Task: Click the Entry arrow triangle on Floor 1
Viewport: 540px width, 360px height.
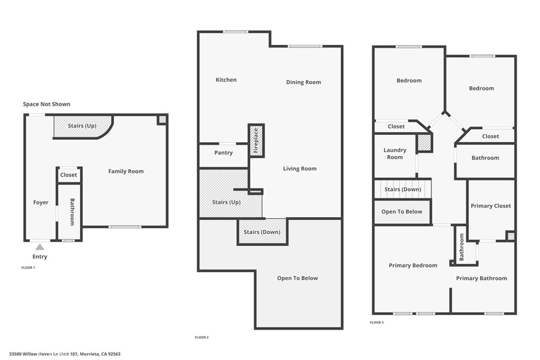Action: [40, 246]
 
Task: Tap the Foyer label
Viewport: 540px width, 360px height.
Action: [41, 202]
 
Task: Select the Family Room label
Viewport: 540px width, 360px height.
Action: [126, 171]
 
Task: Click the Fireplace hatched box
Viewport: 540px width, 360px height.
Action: [256, 141]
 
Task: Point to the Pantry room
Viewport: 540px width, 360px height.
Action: [224, 153]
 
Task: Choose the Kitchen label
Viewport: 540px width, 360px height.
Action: [226, 80]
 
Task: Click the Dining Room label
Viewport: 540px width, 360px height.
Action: [303, 82]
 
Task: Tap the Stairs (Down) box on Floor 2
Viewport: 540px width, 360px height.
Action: [262, 232]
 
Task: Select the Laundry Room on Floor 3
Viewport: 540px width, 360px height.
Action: [394, 154]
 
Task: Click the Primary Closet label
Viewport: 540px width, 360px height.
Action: [490, 206]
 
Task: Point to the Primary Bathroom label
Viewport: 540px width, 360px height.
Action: [481, 278]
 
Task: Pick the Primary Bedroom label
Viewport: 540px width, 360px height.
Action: [413, 266]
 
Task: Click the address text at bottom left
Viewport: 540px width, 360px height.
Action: [65, 354]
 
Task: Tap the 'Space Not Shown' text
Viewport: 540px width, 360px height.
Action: [46, 104]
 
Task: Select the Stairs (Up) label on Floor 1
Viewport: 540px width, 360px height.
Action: [82, 126]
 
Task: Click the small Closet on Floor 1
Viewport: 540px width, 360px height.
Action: [69, 175]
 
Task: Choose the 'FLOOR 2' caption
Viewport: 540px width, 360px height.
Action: [202, 337]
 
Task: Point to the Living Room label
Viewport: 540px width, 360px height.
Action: [300, 169]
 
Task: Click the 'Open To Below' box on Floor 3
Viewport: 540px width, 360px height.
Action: [402, 212]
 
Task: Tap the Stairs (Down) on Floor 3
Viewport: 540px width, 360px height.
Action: [403, 189]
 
